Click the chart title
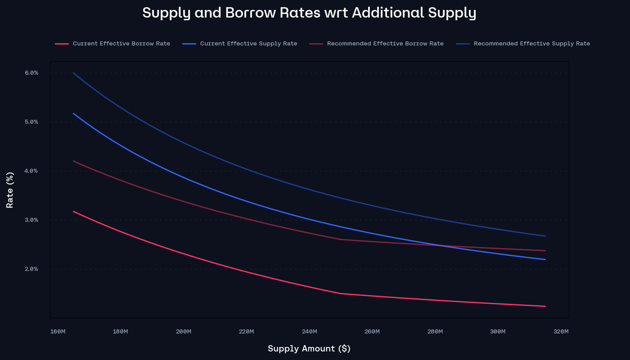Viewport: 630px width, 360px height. tap(309, 13)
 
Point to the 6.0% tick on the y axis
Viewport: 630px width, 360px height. tap(31, 73)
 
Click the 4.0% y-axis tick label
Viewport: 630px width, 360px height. tap(31, 171)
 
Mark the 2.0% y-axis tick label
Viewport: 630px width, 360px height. tap(31, 269)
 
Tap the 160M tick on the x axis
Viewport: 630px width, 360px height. tap(58, 332)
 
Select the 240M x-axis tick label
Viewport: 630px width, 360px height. tap(309, 332)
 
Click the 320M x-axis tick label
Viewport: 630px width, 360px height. tap(561, 332)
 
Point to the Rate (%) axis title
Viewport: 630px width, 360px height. tap(10, 190)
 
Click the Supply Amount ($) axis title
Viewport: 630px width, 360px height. tap(309, 349)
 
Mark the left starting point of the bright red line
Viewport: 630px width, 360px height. tap(73, 211)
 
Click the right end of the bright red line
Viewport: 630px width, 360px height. tap(545, 306)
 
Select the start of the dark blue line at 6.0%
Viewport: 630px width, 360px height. tap(73, 73)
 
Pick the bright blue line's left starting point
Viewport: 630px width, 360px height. tap(73, 113)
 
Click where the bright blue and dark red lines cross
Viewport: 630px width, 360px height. tap(441, 246)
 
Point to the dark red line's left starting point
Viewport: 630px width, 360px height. tap(73, 161)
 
